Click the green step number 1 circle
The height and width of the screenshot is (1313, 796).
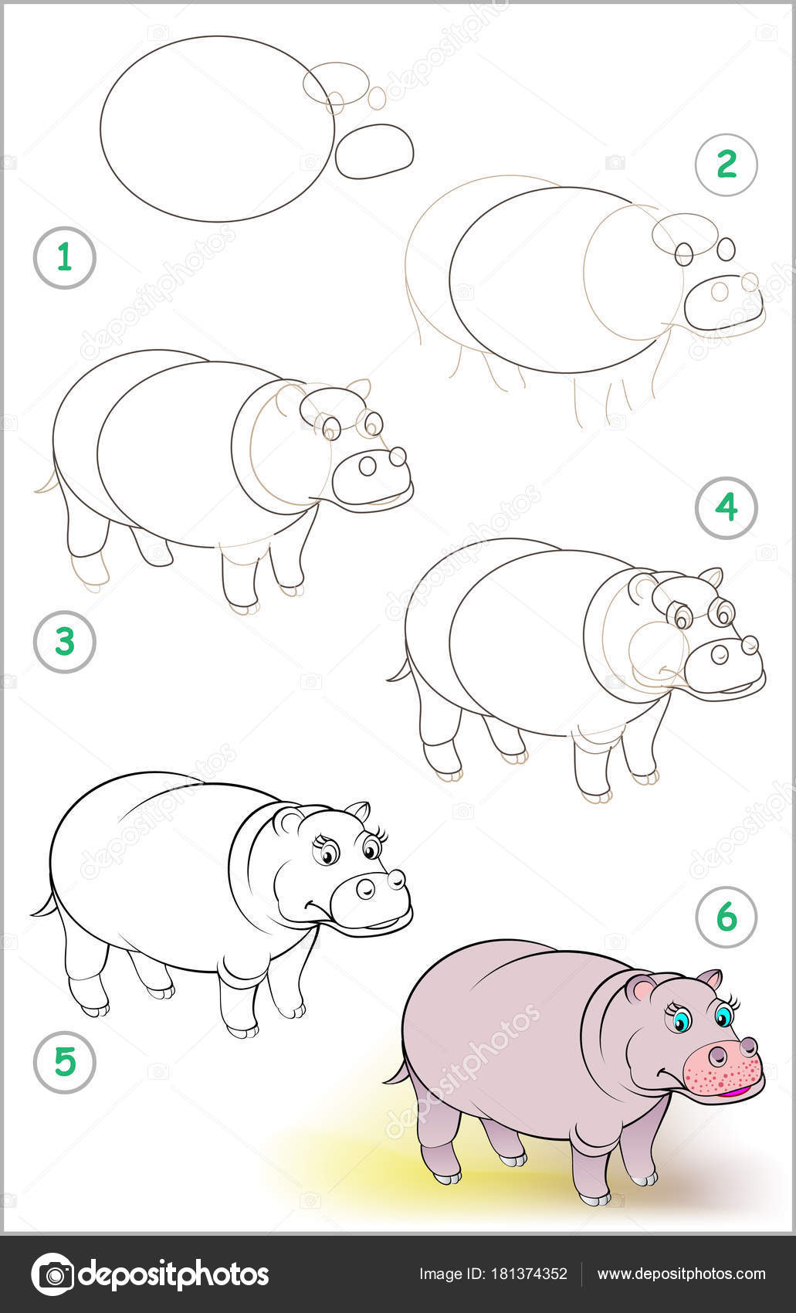tap(65, 257)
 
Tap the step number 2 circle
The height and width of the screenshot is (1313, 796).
tap(727, 165)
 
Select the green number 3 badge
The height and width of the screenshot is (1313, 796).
tap(65, 642)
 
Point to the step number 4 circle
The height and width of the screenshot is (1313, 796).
tap(727, 507)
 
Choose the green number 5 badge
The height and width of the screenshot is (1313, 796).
tap(65, 1062)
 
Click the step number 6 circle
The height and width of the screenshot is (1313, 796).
tap(727, 917)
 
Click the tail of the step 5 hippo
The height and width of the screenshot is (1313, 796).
tap(43, 905)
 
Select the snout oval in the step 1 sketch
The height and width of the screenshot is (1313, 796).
tap(374, 151)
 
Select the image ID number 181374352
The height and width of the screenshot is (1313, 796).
tap(527, 1274)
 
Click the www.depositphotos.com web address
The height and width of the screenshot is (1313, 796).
tap(681, 1274)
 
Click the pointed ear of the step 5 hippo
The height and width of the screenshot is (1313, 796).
tap(358, 811)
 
